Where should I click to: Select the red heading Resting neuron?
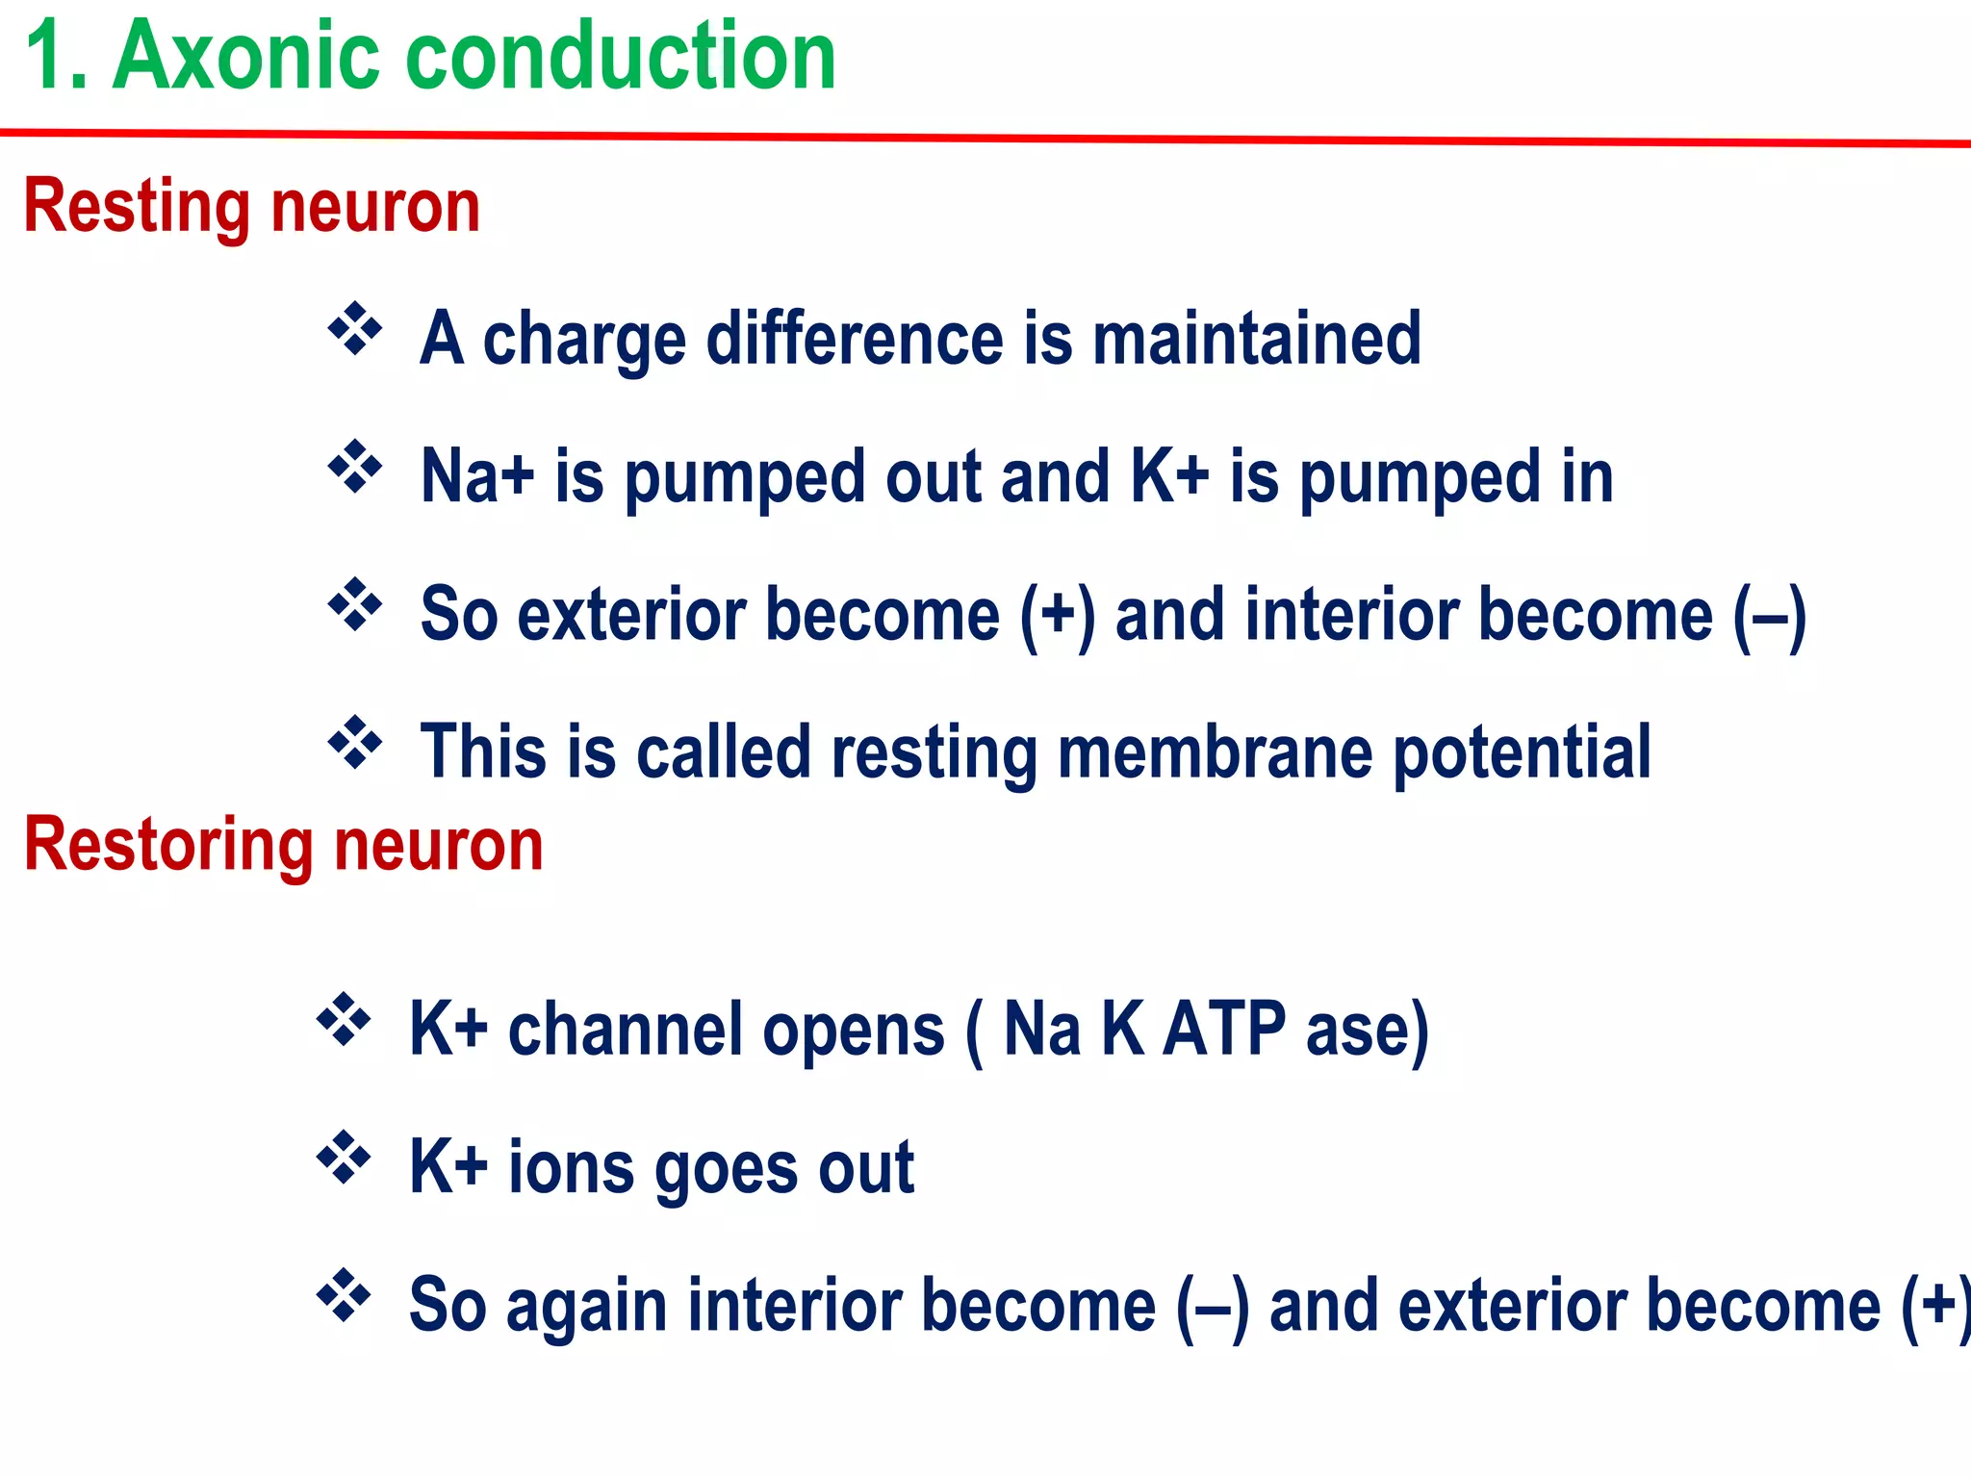coord(251,207)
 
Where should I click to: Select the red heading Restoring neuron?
coord(283,845)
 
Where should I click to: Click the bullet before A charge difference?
coord(355,329)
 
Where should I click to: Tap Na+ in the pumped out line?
coord(476,476)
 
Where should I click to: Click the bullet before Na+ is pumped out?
coord(355,467)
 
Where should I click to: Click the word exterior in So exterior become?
coord(630,616)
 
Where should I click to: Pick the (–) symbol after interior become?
coord(1769,616)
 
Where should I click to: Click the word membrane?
coord(1215,753)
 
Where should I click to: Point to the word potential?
coord(1523,753)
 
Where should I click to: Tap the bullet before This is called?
coord(355,742)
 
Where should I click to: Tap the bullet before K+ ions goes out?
coord(344,1158)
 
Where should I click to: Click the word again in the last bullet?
coord(585,1307)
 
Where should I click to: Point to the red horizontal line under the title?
coord(985,138)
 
